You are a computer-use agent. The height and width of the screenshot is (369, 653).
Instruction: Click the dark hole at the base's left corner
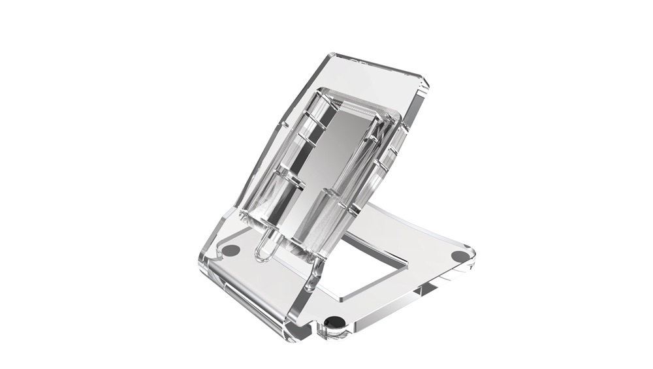231,249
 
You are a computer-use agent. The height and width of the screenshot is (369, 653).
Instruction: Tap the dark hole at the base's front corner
334,321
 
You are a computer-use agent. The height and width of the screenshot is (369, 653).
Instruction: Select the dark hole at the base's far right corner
460,255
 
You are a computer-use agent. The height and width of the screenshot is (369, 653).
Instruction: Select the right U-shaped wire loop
316,261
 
